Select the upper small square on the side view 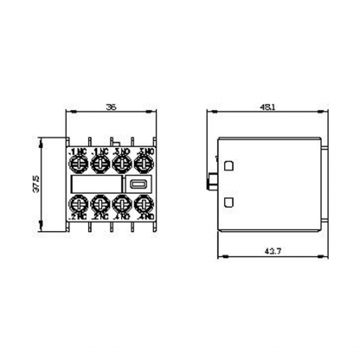(x=230, y=164)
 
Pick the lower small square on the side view (x=230, y=202)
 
